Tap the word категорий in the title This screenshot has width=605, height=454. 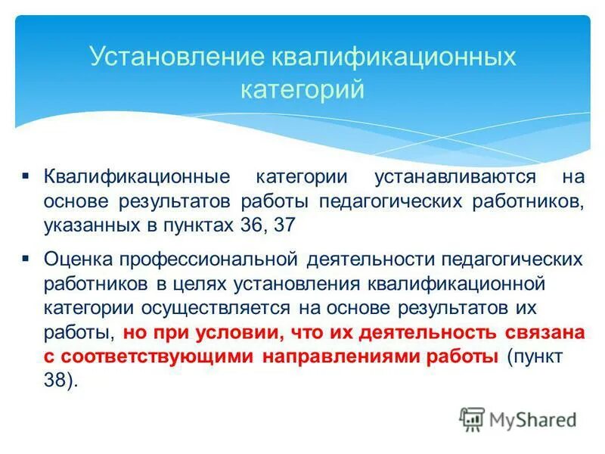pos(302,89)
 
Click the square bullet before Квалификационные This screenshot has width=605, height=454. pos(26,175)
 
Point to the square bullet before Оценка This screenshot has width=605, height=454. pos(26,258)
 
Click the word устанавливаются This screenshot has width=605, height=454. pos(455,177)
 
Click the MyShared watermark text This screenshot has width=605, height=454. pos(533,418)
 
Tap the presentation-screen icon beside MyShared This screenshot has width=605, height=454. pos(473,418)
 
